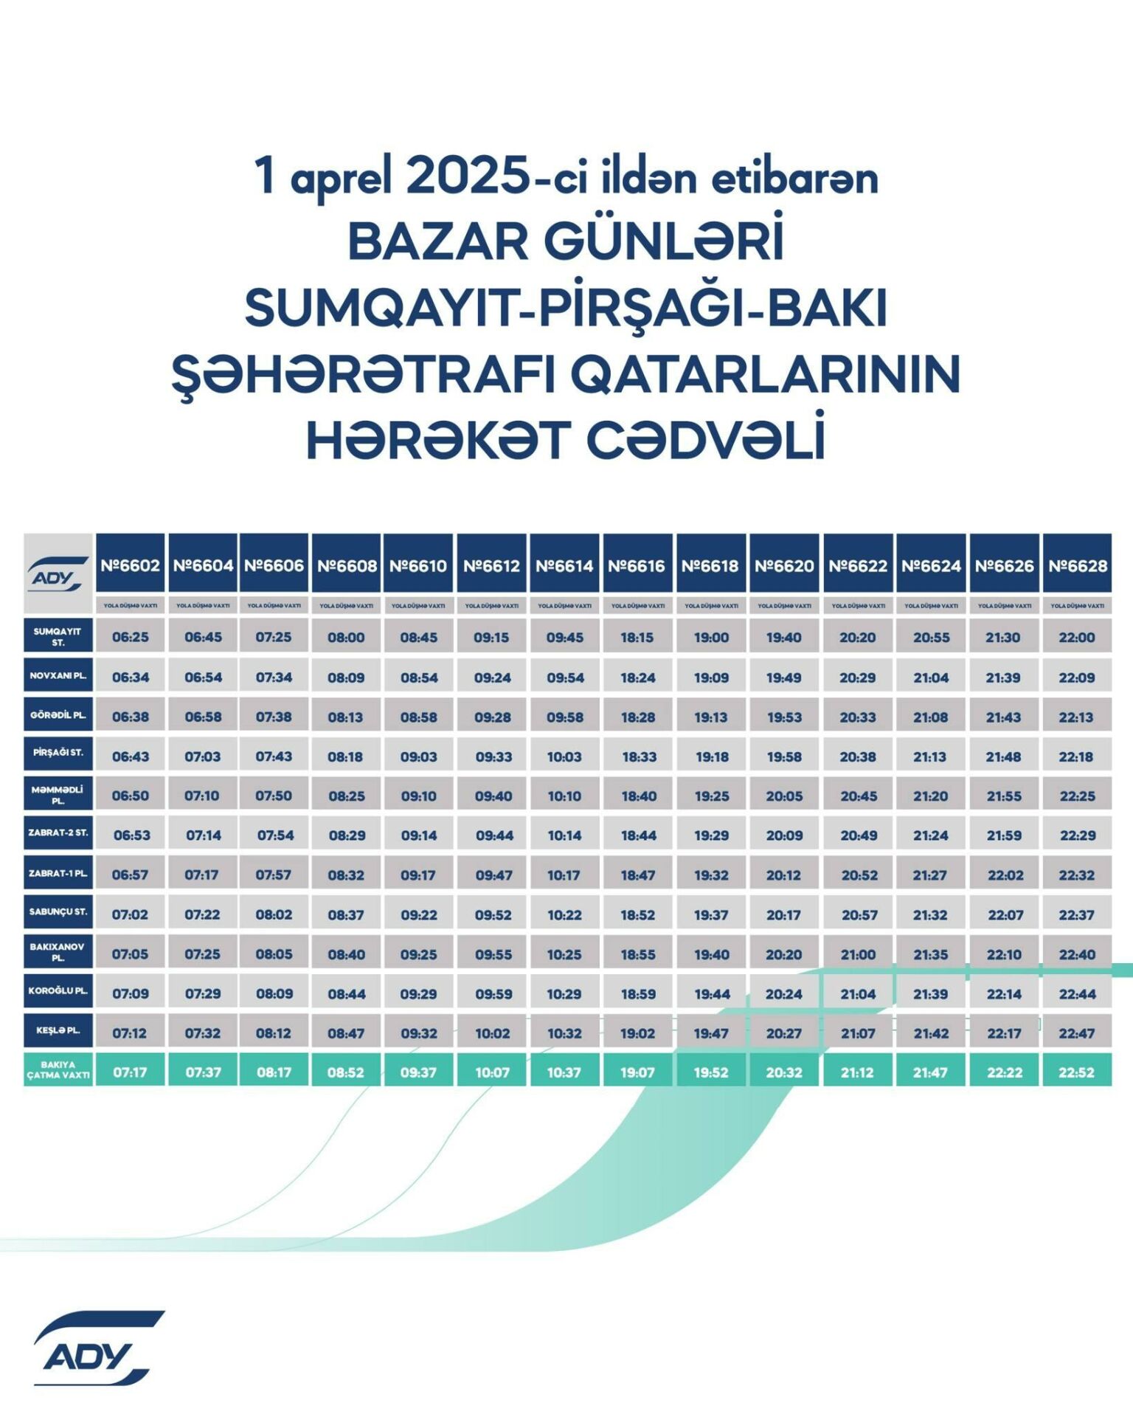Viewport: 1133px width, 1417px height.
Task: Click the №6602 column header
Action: tap(130, 566)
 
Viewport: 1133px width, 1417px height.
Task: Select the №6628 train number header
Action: tap(1077, 566)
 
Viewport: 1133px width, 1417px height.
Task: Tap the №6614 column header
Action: tap(564, 566)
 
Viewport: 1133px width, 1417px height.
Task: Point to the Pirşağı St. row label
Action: tap(58, 753)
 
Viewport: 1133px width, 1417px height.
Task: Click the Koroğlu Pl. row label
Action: tap(58, 990)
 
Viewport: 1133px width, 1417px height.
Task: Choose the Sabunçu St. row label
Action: tap(58, 911)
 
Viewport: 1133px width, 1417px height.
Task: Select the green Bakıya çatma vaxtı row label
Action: tap(58, 1070)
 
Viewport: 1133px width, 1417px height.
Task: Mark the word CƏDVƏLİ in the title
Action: tap(705, 441)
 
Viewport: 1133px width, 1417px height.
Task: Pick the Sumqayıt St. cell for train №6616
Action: tap(637, 637)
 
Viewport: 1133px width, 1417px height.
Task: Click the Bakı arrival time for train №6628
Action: tap(1077, 1072)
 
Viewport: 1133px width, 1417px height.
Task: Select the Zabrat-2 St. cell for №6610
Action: tap(418, 835)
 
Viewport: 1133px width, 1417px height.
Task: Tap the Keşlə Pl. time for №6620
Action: tap(783, 1033)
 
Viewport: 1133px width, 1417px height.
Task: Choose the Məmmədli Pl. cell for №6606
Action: tap(274, 796)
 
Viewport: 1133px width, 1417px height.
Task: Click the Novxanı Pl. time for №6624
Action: tap(931, 678)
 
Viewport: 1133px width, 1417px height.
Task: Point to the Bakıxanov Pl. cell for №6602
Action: tap(130, 954)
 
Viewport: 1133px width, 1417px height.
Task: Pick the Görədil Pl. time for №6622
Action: tap(857, 717)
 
